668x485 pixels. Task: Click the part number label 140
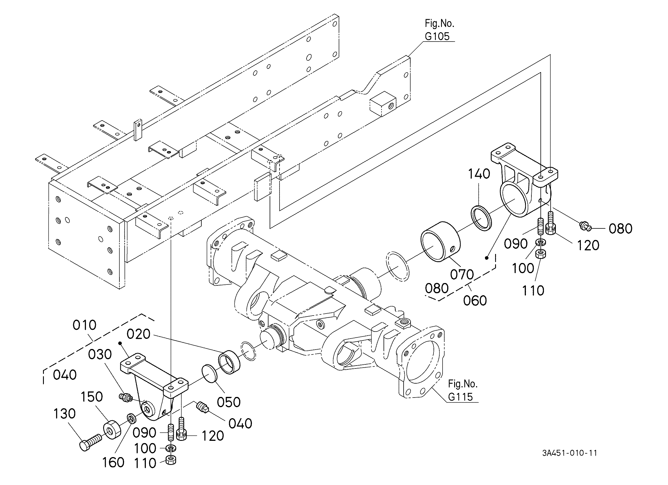click(x=479, y=174)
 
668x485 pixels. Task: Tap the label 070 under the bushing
click(x=462, y=275)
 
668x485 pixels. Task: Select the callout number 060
click(x=475, y=300)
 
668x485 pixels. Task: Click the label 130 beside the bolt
click(x=65, y=414)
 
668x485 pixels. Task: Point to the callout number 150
click(x=92, y=397)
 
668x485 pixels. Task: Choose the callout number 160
click(x=113, y=463)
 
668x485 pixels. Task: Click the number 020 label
click(x=138, y=334)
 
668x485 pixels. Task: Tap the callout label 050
click(x=229, y=402)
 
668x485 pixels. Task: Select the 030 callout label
click(x=100, y=355)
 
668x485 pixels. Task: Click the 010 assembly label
click(x=85, y=325)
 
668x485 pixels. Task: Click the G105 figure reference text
click(x=437, y=36)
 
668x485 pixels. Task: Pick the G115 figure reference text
click(x=460, y=397)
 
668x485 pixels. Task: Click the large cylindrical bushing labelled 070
click(x=440, y=241)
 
